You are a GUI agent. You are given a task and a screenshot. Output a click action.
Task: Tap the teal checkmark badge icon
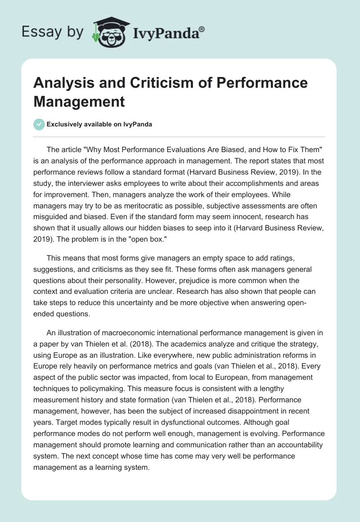point(39,124)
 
